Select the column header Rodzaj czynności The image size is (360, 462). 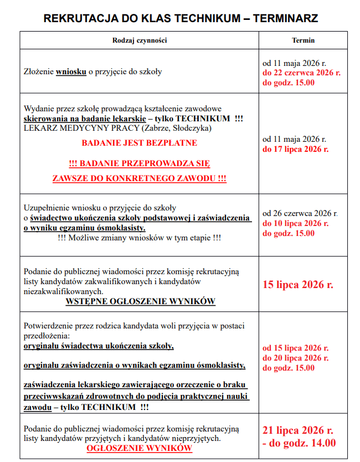click(x=140, y=40)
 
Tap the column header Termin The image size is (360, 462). click(x=303, y=40)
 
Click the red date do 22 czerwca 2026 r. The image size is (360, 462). click(x=301, y=73)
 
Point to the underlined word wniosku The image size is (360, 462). click(x=71, y=71)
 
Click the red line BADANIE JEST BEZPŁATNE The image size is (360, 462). click(x=139, y=143)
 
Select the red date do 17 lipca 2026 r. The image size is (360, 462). click(x=295, y=149)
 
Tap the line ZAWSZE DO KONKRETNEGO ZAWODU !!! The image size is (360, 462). click(x=139, y=178)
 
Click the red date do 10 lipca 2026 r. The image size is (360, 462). click(x=295, y=223)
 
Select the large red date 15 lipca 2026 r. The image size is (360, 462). click(x=298, y=285)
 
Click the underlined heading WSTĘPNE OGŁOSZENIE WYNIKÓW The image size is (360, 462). click(x=140, y=301)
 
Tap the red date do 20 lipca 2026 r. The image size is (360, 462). click(x=295, y=358)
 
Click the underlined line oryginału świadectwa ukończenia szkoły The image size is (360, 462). click(x=99, y=346)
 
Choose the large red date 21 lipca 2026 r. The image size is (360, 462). click(x=298, y=430)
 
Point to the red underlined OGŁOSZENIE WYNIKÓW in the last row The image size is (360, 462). click(x=139, y=448)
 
